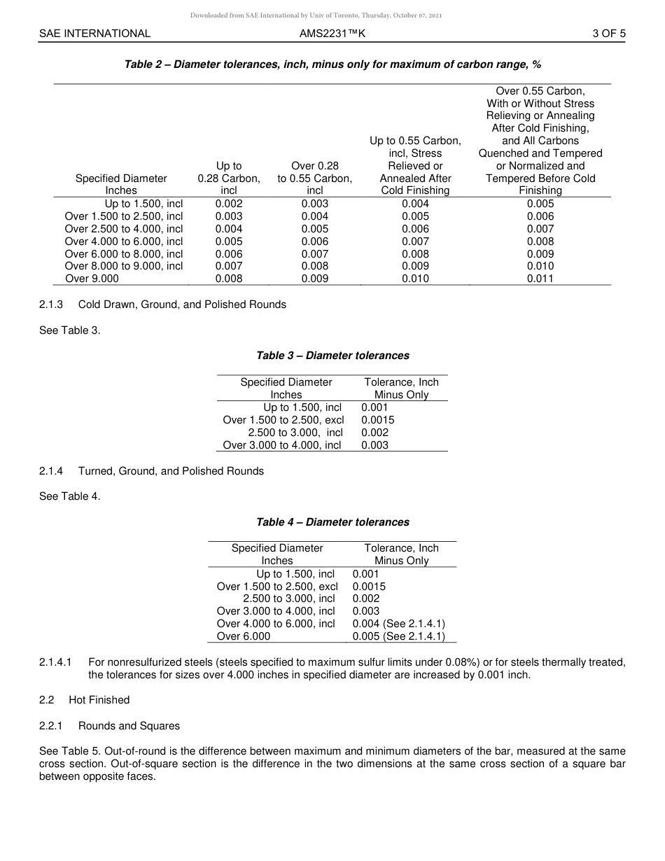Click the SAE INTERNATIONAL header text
click(x=94, y=33)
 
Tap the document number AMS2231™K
click(x=332, y=33)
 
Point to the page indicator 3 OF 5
click(x=608, y=33)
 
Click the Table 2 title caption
click(x=332, y=64)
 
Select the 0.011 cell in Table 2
click(x=540, y=279)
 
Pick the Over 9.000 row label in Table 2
click(x=92, y=279)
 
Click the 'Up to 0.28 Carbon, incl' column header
click(x=229, y=178)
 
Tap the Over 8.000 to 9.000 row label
click(x=124, y=266)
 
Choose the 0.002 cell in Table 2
click(x=229, y=204)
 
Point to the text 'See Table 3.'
click(x=70, y=330)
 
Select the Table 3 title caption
click(x=332, y=356)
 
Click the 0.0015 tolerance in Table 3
click(x=378, y=420)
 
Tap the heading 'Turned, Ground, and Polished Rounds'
click(x=171, y=471)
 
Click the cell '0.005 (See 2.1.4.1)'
click(x=399, y=636)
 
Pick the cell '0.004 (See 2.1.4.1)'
click(x=399, y=624)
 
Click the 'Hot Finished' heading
click(x=99, y=700)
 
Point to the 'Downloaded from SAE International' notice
click(x=316, y=15)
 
